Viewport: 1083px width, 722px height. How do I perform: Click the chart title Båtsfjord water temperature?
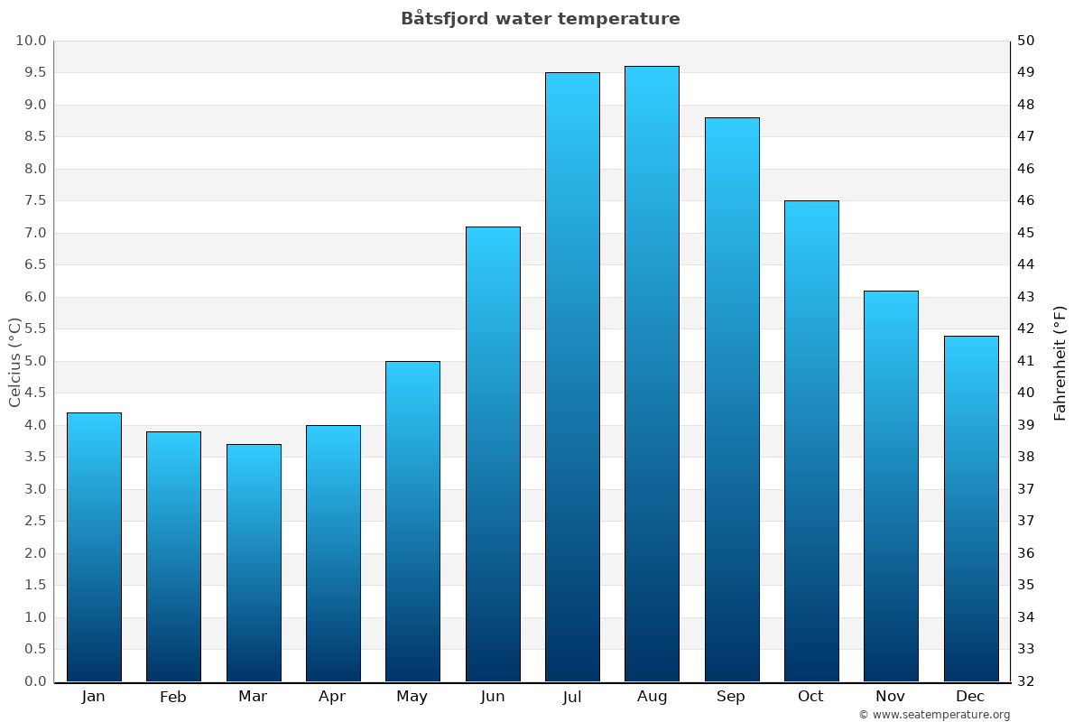tap(541, 19)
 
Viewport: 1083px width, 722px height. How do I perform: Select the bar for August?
tap(652, 374)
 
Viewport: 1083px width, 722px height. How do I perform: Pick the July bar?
tap(572, 376)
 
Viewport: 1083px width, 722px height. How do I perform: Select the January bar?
tap(94, 547)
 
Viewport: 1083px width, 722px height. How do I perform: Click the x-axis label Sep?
tap(731, 697)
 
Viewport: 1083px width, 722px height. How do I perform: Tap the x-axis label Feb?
tap(173, 697)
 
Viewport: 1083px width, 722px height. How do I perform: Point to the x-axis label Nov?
tap(891, 697)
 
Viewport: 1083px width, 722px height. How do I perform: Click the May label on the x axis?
tap(412, 697)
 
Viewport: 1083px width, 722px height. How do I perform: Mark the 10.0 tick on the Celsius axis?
tap(31, 41)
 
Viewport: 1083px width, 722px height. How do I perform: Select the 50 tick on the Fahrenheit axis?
tap(1027, 41)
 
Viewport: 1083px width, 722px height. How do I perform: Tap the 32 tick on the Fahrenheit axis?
tap(1027, 681)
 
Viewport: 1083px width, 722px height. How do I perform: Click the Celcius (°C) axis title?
tap(14, 362)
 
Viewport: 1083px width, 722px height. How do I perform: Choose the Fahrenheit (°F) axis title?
tap(1060, 362)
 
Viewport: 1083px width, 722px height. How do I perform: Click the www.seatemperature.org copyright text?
tap(934, 715)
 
